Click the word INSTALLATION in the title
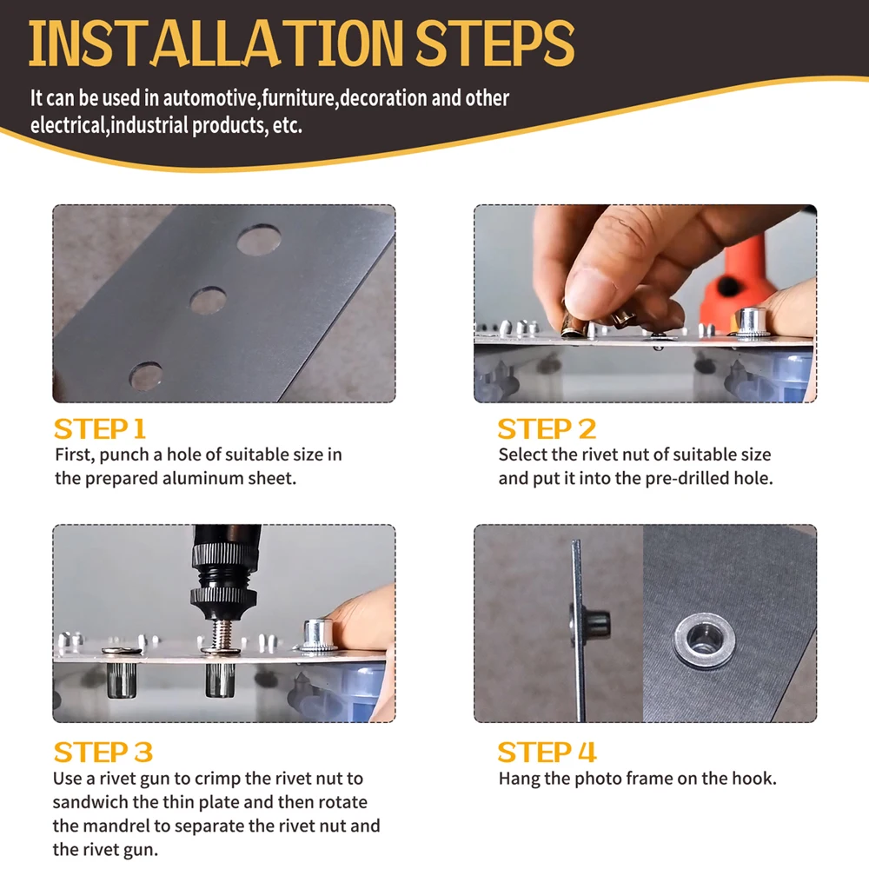pos(216,43)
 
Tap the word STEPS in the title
pos(495,43)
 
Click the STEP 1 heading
pos(100,429)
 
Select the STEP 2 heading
pos(547,429)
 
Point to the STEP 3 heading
pos(103,752)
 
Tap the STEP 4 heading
pos(547,752)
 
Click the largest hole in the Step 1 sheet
pos(259,240)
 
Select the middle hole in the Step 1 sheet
pos(208,301)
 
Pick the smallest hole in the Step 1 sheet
pos(146,376)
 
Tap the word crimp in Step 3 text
pos(216,779)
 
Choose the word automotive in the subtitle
pos(211,98)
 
